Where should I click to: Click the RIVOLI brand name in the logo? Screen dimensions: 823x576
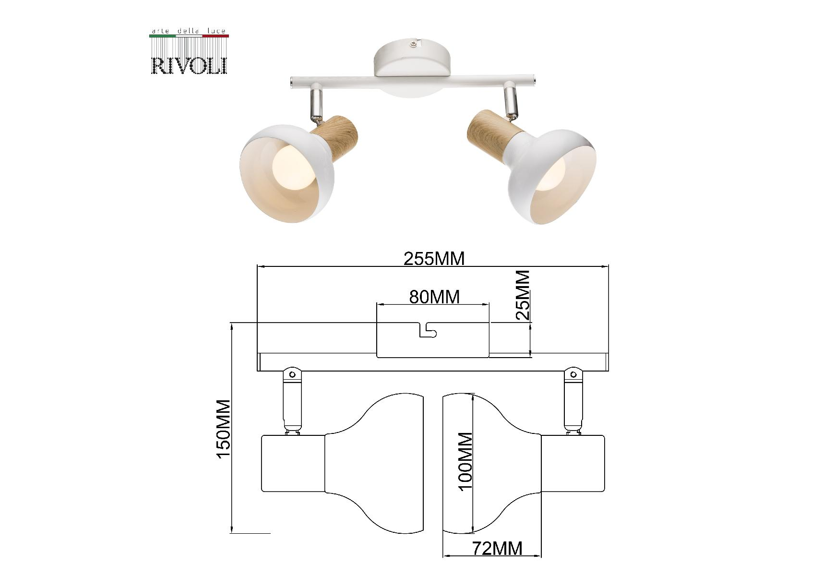(x=190, y=66)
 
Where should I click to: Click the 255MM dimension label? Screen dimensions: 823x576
(x=434, y=259)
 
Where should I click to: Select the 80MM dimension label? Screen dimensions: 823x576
(x=434, y=297)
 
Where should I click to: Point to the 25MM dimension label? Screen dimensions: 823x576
(x=523, y=295)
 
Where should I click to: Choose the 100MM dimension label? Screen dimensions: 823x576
(x=465, y=461)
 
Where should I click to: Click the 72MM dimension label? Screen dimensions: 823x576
(x=497, y=548)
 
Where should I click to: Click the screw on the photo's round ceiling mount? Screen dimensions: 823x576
(x=413, y=44)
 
